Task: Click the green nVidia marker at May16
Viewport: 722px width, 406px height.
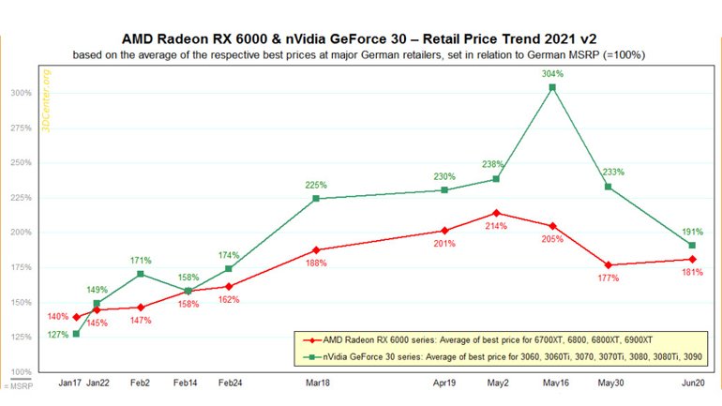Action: (x=552, y=87)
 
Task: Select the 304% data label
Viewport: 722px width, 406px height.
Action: (x=552, y=74)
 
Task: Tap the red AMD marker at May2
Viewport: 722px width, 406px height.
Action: (x=496, y=213)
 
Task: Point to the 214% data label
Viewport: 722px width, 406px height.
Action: (x=496, y=226)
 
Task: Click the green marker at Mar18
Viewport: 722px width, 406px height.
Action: (x=316, y=199)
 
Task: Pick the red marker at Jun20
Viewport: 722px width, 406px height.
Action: (x=692, y=259)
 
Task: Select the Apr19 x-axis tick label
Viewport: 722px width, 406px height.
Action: (x=444, y=384)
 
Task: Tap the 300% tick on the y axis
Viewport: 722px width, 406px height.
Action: (x=21, y=93)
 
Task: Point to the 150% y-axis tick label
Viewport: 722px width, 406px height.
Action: (x=21, y=302)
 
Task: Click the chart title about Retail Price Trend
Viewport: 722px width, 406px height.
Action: (x=360, y=39)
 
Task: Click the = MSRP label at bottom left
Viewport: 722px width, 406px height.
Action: (x=16, y=385)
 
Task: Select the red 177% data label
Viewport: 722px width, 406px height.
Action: (x=609, y=278)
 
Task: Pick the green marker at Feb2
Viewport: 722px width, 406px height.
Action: (x=140, y=274)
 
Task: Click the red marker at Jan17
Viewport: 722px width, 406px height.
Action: (x=76, y=317)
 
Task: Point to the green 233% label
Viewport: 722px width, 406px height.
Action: (x=609, y=173)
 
